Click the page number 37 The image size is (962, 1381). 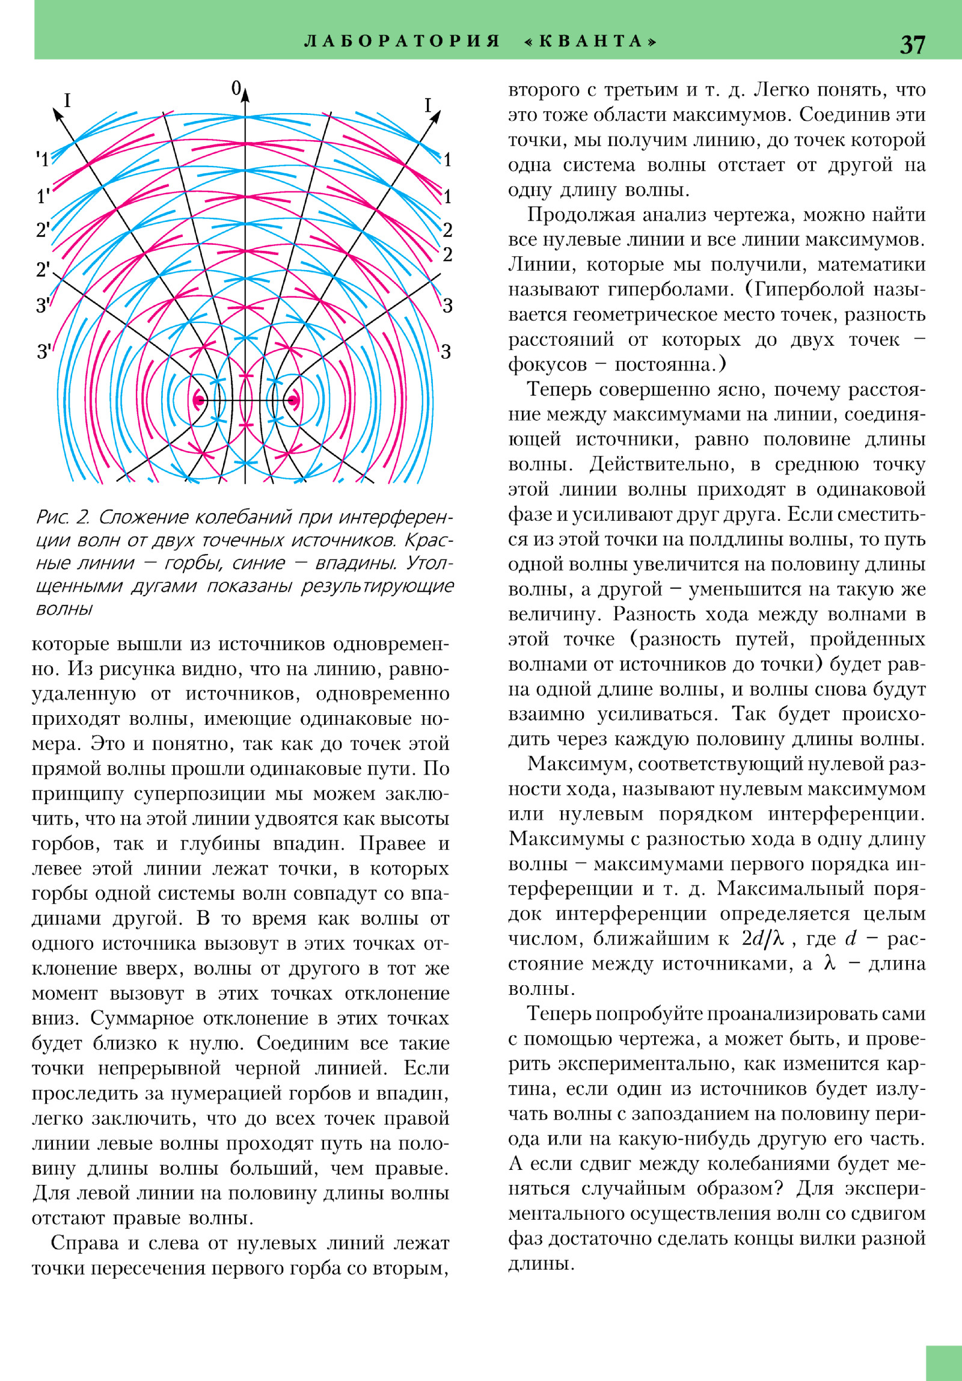912,45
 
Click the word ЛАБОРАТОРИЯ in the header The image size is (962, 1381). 402,41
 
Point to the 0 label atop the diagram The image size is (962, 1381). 236,88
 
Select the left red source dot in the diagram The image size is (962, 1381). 200,400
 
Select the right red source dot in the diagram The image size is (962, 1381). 293,400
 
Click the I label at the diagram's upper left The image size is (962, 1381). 67,100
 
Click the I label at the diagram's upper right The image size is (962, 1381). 427,105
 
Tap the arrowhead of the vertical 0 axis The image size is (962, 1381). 245,94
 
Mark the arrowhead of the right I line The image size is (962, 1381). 435,117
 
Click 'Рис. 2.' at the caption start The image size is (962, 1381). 63,517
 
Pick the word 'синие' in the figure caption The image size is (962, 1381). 259,562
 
